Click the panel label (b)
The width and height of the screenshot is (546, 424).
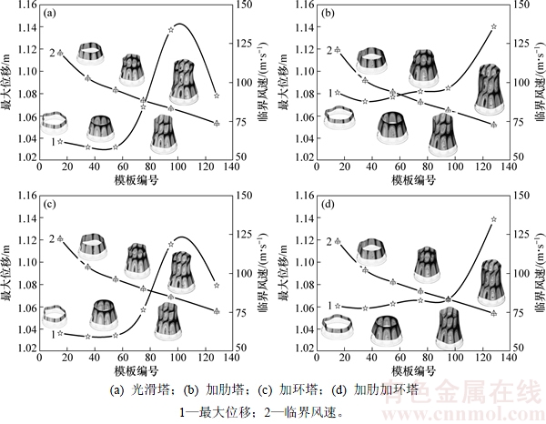point(321,14)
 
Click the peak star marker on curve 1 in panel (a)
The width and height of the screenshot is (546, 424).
point(171,30)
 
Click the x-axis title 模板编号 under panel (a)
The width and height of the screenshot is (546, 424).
point(135,180)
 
